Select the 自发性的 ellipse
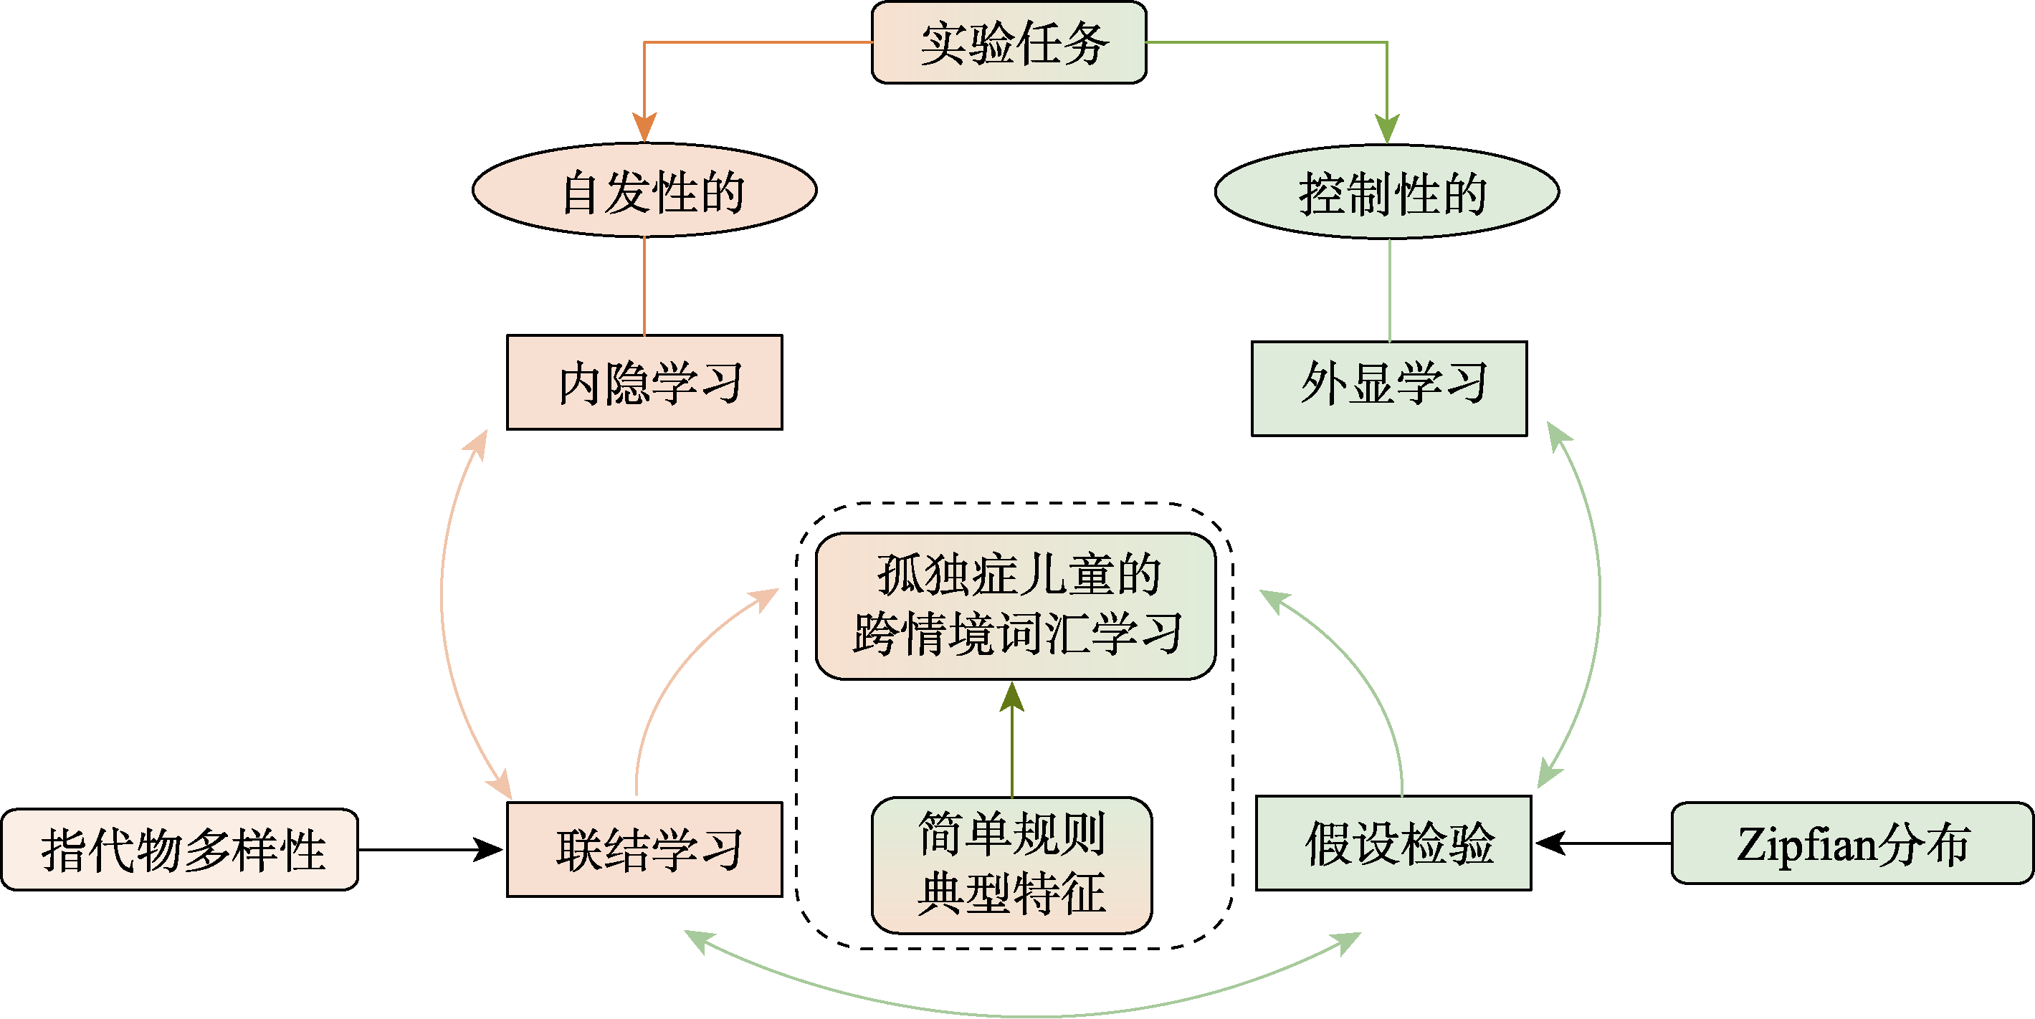[x=644, y=191]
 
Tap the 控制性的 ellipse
[x=1387, y=192]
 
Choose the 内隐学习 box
[x=644, y=383]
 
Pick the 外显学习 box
[x=1388, y=388]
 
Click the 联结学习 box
[x=644, y=849]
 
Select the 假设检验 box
[x=1393, y=843]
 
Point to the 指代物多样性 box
[x=180, y=850]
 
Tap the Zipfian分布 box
[x=1851, y=843]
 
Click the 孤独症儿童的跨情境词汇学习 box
[x=1015, y=606]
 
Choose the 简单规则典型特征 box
[x=1012, y=865]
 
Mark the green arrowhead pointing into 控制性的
[x=1387, y=129]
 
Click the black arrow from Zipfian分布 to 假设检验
[x=1603, y=843]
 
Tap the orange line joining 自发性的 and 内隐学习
[x=644, y=286]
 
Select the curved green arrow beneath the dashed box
[x=1023, y=1014]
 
